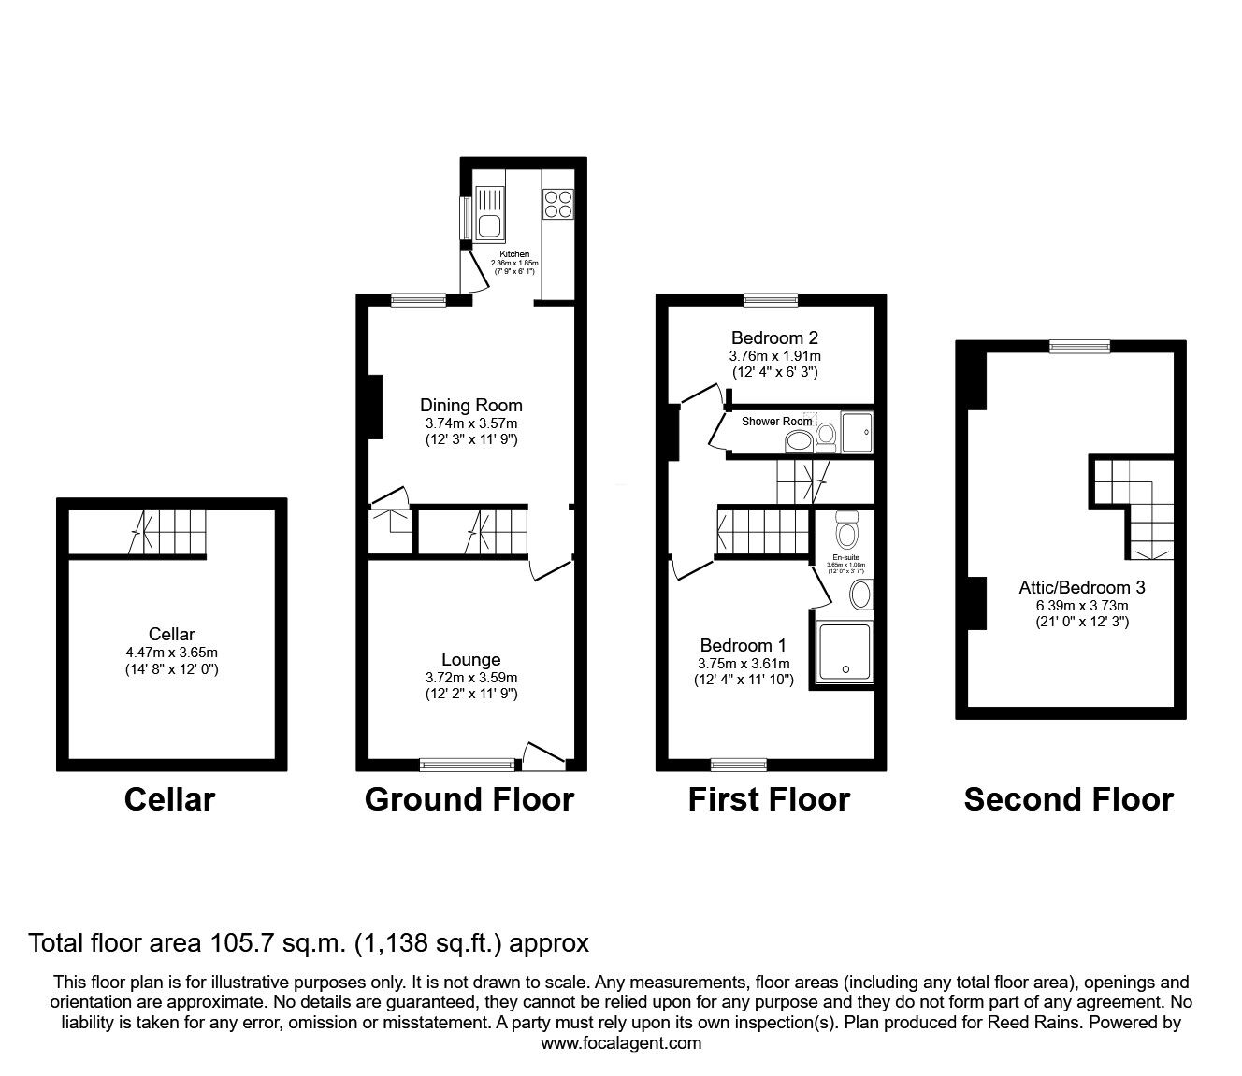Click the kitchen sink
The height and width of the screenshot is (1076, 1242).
point(489,211)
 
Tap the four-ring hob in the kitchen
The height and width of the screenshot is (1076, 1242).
point(558,204)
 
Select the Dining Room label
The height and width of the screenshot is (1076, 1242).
point(470,405)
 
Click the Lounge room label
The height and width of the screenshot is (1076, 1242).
point(470,660)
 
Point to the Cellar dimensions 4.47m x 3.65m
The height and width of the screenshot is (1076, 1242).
point(171,653)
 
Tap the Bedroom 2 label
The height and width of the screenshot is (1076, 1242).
point(774,337)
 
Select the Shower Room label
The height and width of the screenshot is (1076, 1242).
point(776,422)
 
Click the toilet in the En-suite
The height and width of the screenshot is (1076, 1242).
point(846,533)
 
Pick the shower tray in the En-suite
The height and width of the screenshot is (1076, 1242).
point(845,652)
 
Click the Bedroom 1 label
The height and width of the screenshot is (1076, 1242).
point(743,645)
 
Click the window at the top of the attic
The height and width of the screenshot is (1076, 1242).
point(1079,347)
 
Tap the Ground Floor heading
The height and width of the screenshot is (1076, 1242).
point(469,800)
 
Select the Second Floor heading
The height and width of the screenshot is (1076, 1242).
point(1068,800)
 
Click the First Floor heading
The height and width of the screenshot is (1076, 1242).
point(769,800)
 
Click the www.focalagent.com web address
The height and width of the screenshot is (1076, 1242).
point(621,1043)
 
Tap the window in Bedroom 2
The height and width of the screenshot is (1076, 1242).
point(771,300)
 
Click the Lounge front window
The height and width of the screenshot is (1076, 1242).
point(467,765)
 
